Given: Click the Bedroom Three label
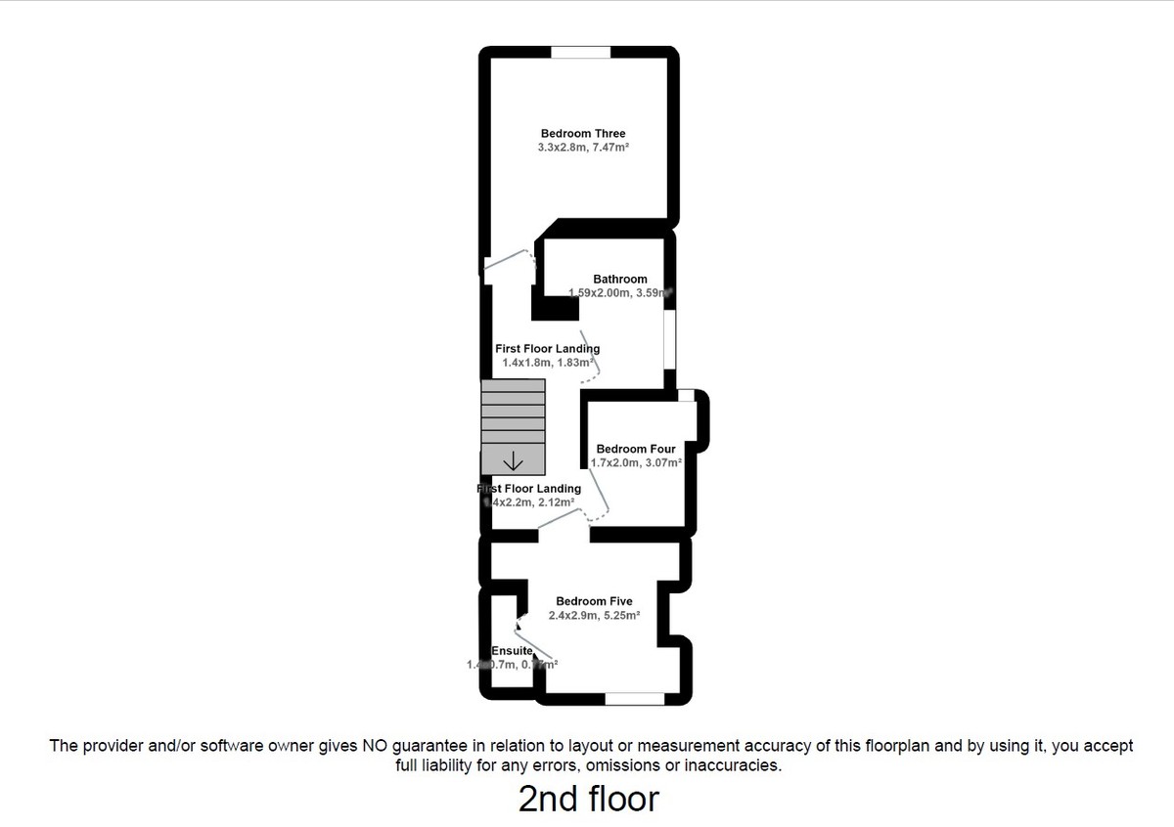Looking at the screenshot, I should pyautogui.click(x=582, y=134).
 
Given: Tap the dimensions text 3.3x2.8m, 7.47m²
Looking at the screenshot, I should pyautogui.click(x=582, y=148).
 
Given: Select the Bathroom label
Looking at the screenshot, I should pyautogui.click(x=619, y=280).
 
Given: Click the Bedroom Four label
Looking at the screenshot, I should pyautogui.click(x=636, y=450).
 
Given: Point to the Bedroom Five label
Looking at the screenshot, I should pyautogui.click(x=594, y=602).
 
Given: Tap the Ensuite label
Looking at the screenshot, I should pyautogui.click(x=512, y=651).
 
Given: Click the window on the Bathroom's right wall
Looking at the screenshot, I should pyautogui.click(x=670, y=339).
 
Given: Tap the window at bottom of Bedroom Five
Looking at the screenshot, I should pyautogui.click(x=634, y=698).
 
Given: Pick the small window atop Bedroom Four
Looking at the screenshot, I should pyautogui.click(x=687, y=395).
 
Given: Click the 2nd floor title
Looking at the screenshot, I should pyautogui.click(x=588, y=799).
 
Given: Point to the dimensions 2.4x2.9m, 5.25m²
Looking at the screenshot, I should pyautogui.click(x=594, y=616).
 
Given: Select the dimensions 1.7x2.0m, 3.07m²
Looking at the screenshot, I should pyautogui.click(x=636, y=463).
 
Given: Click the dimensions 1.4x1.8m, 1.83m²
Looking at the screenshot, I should pyautogui.click(x=548, y=363).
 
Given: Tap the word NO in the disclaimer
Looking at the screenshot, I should pyautogui.click(x=377, y=746).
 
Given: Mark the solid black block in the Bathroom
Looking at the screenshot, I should pyautogui.click(x=555, y=308).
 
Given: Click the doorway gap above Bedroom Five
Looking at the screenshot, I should pyautogui.click(x=564, y=536).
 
